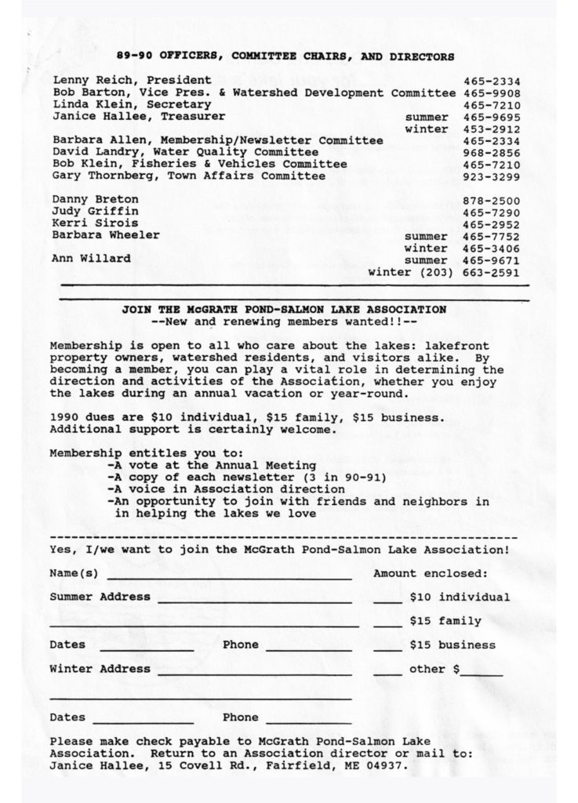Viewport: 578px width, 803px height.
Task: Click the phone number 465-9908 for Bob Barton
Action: point(492,93)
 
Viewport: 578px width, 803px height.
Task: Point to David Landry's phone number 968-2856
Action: point(492,152)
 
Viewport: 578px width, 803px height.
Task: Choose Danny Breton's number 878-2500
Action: point(492,200)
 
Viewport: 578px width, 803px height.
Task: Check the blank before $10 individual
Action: point(387,601)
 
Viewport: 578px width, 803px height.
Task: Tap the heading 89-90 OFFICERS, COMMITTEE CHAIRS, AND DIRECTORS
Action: point(285,56)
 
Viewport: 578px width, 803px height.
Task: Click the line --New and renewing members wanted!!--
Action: point(284,322)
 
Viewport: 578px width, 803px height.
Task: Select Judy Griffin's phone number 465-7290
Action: point(492,212)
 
